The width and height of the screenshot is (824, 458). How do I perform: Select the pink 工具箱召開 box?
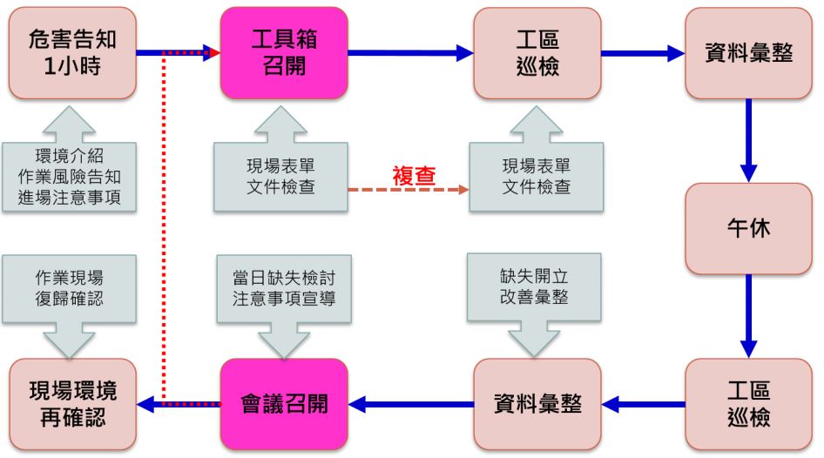(x=284, y=53)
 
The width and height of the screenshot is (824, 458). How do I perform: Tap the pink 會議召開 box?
(x=284, y=404)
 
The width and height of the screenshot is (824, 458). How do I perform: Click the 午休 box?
(x=747, y=229)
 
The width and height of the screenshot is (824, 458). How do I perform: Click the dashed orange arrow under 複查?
(x=409, y=188)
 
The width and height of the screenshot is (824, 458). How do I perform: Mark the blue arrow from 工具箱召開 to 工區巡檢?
(x=409, y=53)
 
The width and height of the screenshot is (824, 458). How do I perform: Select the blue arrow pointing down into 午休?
(x=747, y=139)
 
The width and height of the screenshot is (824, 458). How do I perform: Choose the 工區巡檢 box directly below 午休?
(x=747, y=404)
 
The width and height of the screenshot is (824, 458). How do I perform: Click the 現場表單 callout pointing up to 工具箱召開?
(x=284, y=177)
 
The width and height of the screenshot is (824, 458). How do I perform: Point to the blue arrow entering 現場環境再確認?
(x=178, y=404)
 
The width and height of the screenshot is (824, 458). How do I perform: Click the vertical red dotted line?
(x=164, y=226)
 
